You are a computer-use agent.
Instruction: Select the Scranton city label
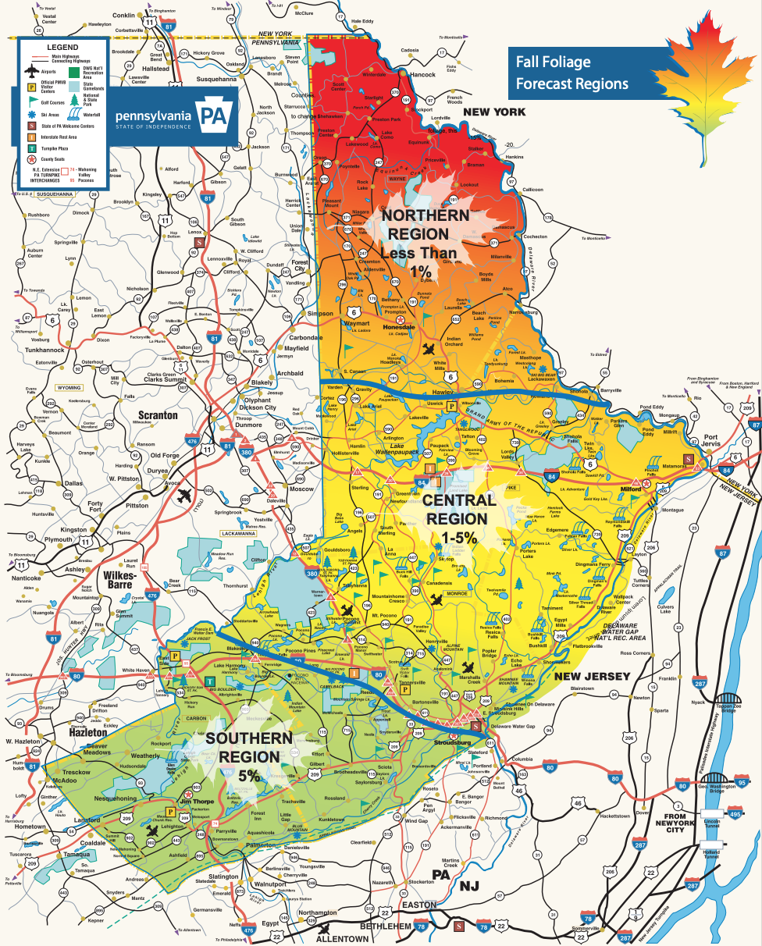(158, 415)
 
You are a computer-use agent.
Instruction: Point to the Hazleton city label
(87, 733)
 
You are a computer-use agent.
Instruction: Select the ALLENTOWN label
(342, 938)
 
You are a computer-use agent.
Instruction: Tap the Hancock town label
(422, 74)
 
